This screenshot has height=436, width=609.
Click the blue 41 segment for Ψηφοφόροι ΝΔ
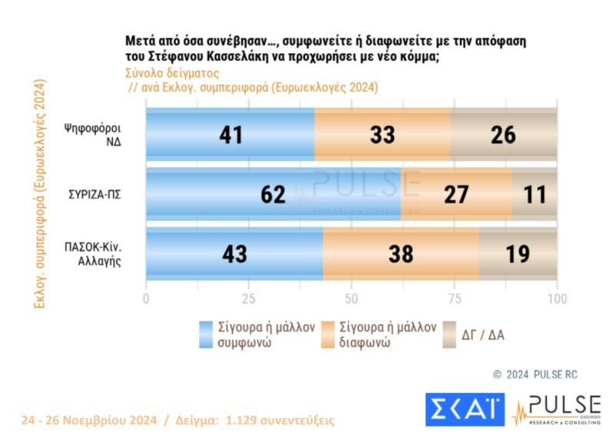230,134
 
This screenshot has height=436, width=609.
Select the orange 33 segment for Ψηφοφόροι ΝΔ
382,134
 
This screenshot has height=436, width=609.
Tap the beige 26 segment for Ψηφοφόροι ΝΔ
504,134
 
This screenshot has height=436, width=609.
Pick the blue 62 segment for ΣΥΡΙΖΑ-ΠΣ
273,193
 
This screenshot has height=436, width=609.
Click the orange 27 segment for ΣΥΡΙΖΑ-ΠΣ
456,193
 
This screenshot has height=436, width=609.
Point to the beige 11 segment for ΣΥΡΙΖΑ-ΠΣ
535,193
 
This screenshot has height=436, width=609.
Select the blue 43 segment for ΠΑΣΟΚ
234,253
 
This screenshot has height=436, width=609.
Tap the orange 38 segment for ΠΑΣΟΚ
400,253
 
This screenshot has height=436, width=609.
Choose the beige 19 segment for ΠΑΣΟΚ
518,253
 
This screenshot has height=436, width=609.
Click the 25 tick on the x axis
248,298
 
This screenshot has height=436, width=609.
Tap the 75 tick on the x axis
454,298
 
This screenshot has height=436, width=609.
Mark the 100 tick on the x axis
556,298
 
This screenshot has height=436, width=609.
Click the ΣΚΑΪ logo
465,409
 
